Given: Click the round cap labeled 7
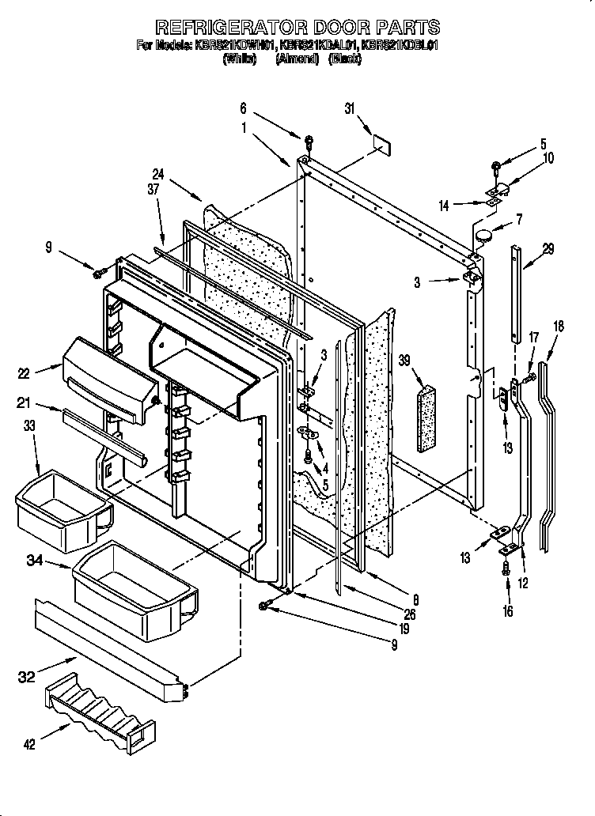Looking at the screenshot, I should coord(483,233).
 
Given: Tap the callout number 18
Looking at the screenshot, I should coord(559,325).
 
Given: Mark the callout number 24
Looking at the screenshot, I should coord(157,176).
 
